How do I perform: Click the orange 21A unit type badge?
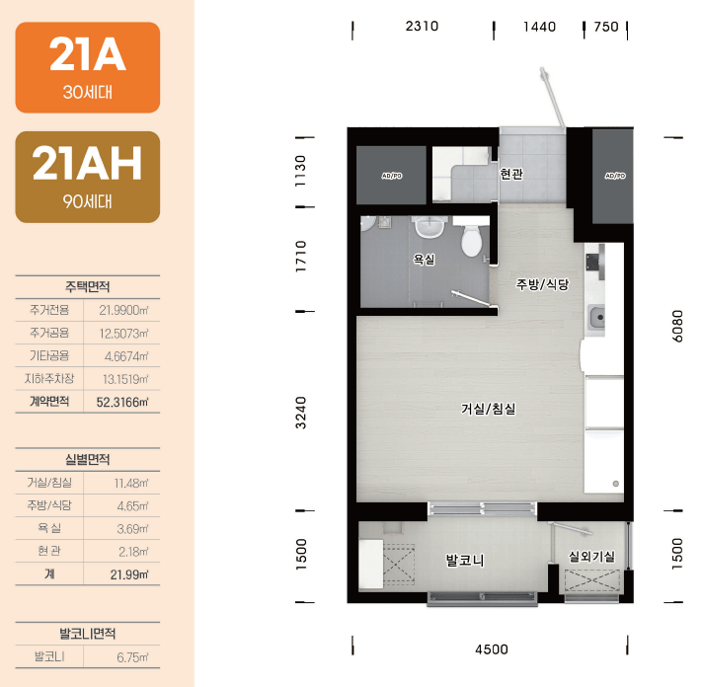88,68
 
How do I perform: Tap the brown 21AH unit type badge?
88,177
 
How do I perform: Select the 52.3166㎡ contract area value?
122,402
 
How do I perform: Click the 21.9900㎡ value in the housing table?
123,310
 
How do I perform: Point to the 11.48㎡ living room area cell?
131,483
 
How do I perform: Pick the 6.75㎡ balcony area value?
132,657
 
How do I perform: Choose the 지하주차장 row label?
49,379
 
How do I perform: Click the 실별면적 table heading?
88,459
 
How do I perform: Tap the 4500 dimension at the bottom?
492,649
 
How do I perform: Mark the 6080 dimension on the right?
677,326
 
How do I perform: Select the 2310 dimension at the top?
422,26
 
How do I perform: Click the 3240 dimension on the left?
301,413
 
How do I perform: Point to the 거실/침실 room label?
488,409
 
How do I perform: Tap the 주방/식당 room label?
542,284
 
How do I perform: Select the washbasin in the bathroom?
430,226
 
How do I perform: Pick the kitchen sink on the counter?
596,317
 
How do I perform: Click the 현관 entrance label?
511,174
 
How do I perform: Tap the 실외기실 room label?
591,557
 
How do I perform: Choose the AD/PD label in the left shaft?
392,176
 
